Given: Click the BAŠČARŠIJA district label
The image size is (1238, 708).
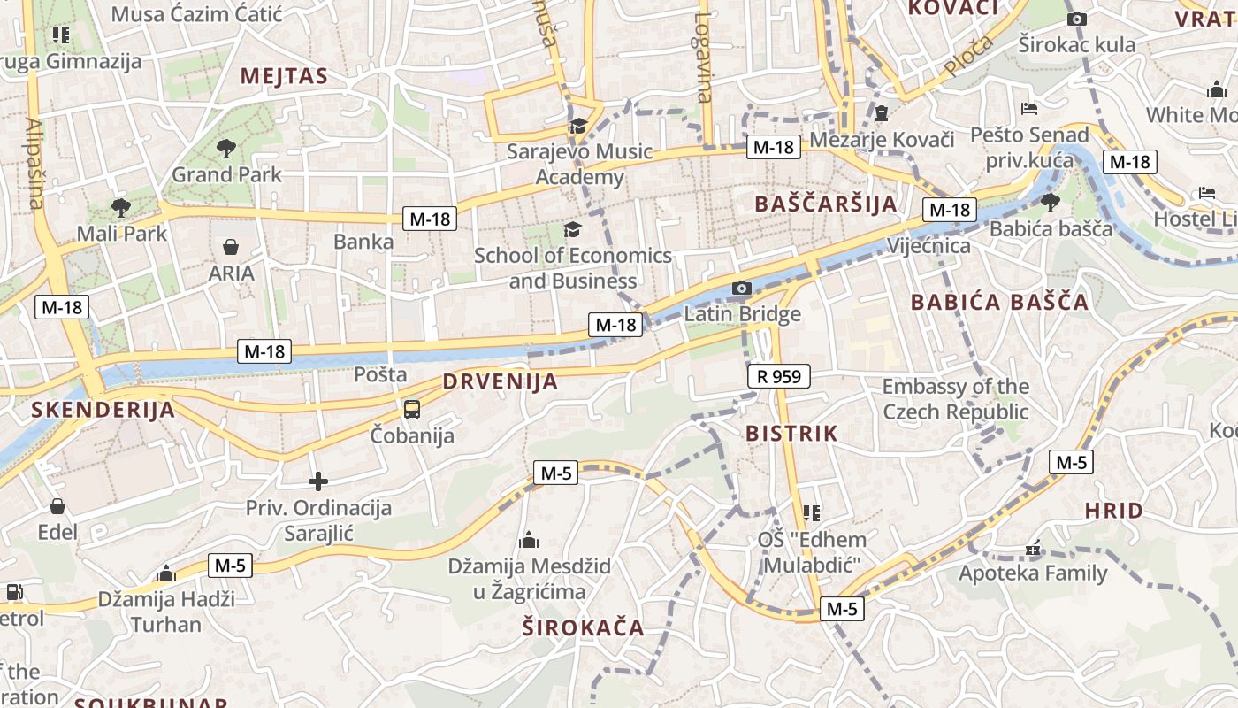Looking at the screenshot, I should [826, 204].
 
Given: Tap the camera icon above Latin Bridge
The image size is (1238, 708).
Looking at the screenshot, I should [742, 288].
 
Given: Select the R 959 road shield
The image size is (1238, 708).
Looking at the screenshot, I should [779, 376].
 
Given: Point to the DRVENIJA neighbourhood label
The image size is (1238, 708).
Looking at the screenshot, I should [501, 382].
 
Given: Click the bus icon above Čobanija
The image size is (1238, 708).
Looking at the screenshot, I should [412, 409].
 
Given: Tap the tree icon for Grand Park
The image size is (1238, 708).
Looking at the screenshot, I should [226, 149].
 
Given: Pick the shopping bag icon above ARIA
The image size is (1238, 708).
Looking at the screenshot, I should [231, 247].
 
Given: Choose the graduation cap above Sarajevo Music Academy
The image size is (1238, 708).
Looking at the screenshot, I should [579, 126].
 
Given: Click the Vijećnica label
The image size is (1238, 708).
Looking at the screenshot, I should [928, 245].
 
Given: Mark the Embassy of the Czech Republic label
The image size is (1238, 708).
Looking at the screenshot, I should [956, 399].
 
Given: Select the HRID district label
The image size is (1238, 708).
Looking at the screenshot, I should [1114, 511].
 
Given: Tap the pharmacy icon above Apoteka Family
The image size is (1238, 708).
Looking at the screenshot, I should [1033, 550].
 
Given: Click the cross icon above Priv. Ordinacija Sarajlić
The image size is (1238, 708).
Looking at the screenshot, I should [318, 481].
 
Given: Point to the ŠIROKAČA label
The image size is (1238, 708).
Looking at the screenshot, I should [583, 628].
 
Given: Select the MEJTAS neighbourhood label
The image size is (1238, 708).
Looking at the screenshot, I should [284, 76].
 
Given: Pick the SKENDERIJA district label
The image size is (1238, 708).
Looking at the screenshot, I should [103, 410].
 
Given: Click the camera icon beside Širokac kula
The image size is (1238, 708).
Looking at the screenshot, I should [1077, 19].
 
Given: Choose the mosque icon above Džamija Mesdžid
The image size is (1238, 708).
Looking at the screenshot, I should [529, 540].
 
